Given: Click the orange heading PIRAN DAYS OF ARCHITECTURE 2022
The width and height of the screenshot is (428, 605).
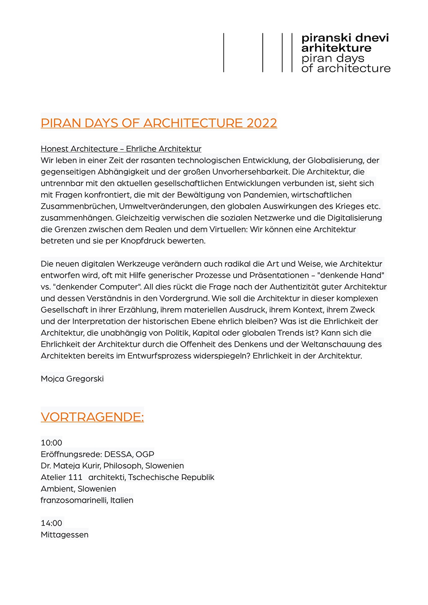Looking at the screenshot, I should (x=159, y=123).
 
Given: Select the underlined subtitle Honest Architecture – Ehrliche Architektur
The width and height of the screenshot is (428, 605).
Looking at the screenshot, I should (x=121, y=148).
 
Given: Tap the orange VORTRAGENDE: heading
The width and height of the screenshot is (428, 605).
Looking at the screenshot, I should (x=92, y=417).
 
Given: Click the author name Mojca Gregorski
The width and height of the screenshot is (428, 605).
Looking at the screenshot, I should (x=72, y=379).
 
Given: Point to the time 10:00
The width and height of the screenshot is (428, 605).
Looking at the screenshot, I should (x=51, y=443).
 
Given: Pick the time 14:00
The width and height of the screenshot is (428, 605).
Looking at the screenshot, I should (x=51, y=523).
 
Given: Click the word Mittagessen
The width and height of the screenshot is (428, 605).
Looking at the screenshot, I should (x=65, y=535).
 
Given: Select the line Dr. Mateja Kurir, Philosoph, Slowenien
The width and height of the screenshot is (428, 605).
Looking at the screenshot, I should (x=112, y=466).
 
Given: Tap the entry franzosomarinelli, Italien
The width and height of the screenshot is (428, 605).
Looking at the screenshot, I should (x=87, y=500).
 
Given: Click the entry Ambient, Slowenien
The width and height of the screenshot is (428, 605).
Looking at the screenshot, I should (x=78, y=489).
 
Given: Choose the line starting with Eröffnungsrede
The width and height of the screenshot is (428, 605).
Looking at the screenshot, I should (x=97, y=454).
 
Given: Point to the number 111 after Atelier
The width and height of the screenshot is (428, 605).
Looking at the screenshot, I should (x=75, y=477).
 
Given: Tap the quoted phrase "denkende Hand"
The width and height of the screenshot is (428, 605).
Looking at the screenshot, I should (x=351, y=275).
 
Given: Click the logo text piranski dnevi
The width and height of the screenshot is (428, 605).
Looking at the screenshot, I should (x=345, y=38).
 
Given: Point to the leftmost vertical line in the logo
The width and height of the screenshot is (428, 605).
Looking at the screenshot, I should (x=224, y=53).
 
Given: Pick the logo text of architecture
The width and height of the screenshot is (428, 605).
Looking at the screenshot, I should (x=346, y=68).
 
